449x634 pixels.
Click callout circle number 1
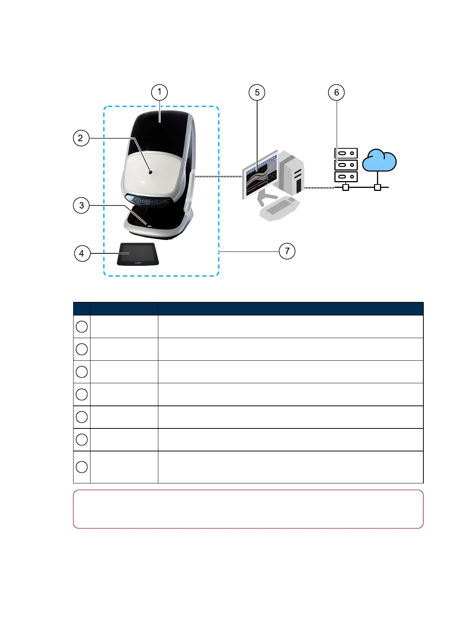coord(159,92)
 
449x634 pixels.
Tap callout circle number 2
coord(81,138)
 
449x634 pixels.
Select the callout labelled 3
coord(81,206)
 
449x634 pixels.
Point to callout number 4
coord(82,253)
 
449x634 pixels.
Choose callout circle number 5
coord(257,93)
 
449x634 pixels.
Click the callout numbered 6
coord(337,93)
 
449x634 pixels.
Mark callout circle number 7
coord(287,251)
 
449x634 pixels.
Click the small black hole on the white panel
coord(150,172)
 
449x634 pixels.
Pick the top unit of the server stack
coord(346,153)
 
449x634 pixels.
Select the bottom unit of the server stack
coord(346,177)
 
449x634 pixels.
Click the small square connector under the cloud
coord(377,187)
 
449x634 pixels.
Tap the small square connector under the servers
coord(346,187)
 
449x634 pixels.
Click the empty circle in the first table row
coord(82,326)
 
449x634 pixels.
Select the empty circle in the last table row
coord(82,467)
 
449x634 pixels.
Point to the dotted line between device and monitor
coord(218,176)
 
